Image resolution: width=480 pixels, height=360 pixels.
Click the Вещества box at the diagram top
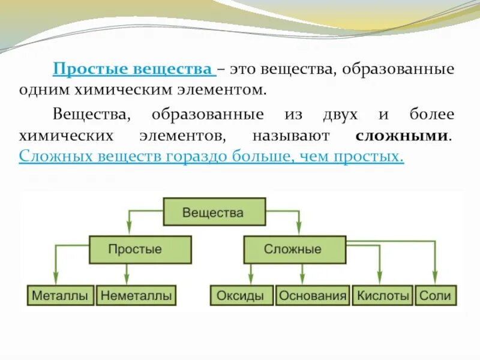click(213, 213)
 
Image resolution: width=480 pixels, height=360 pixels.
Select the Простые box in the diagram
click(140, 250)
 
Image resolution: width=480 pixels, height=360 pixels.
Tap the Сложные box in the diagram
click(294, 250)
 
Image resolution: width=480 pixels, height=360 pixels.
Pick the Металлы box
click(60, 296)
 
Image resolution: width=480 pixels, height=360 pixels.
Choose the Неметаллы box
click(137, 296)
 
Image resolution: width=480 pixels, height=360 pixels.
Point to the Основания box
click(313, 296)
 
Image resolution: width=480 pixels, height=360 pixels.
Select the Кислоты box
click(383, 296)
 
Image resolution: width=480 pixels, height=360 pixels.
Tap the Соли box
click(435, 296)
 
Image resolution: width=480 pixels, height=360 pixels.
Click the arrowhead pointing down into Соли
click(434, 282)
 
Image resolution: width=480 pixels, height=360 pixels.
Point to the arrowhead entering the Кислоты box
click(378, 282)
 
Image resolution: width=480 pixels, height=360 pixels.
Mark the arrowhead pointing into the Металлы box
click(55, 282)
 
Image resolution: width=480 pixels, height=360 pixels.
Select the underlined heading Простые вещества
click(134, 69)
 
